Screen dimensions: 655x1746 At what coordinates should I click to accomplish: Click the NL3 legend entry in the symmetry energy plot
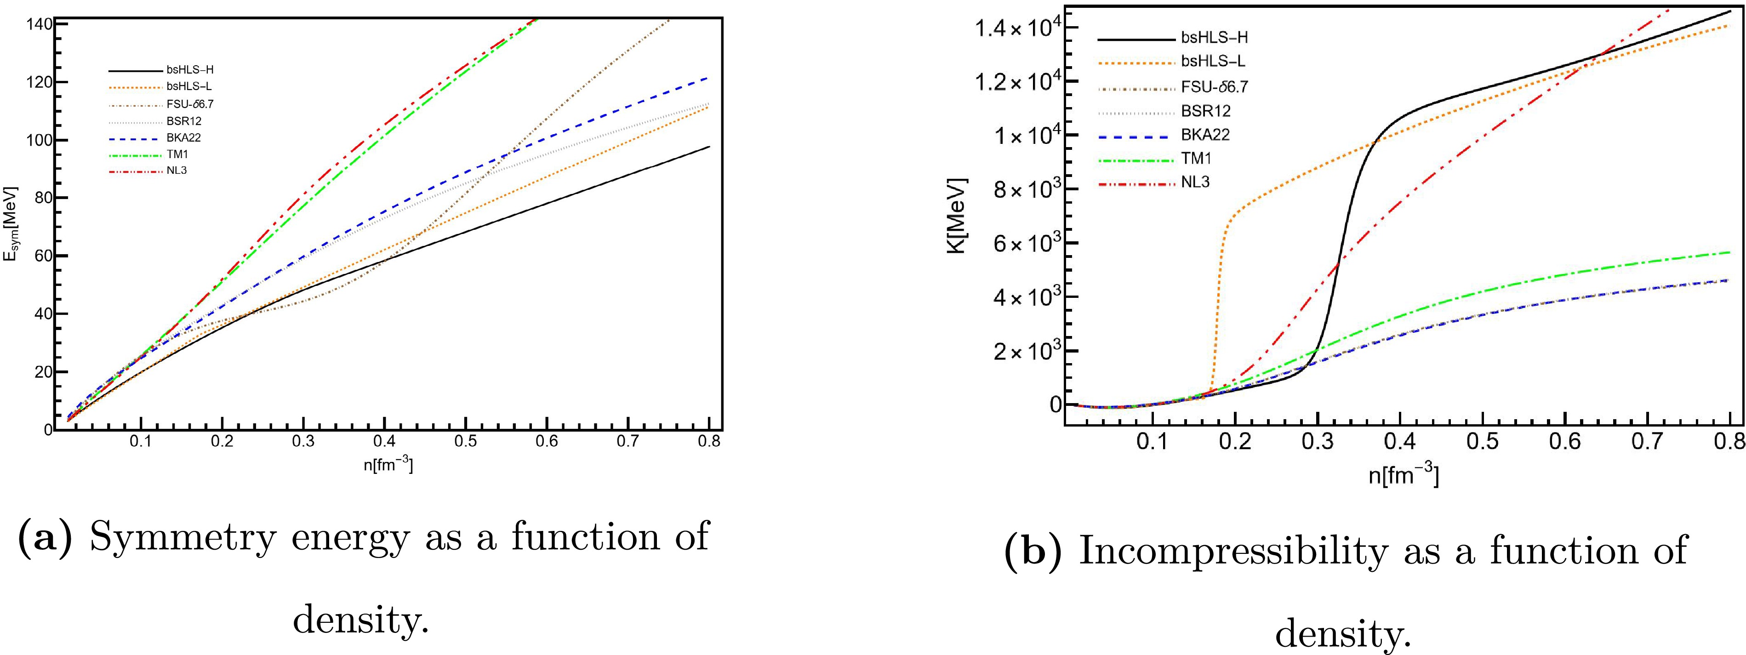tap(176, 171)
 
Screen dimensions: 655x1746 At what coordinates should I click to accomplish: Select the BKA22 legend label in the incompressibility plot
tap(1205, 135)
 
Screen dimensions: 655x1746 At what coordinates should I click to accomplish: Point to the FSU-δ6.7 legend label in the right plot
tap(1215, 87)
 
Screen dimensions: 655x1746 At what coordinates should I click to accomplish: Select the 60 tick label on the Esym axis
tap(39, 256)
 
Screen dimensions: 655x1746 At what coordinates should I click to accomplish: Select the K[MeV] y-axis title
tap(957, 216)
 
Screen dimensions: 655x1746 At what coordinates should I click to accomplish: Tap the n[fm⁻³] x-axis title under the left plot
tap(388, 465)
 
